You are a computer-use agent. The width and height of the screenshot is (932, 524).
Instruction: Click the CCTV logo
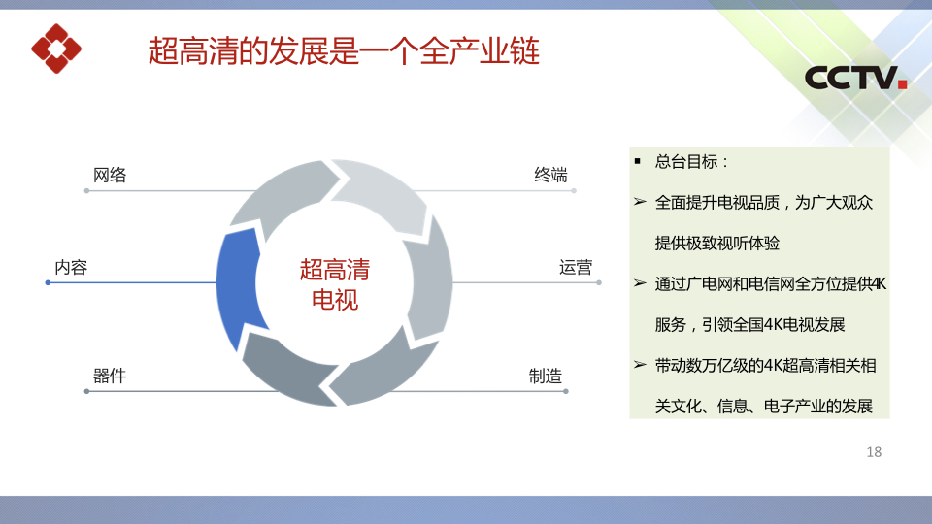855,78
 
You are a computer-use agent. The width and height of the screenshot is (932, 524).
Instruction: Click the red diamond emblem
56,49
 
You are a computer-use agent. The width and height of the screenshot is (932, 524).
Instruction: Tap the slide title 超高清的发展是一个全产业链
344,50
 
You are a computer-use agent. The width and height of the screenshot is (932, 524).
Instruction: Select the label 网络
110,176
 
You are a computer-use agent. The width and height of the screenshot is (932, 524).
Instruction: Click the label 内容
71,268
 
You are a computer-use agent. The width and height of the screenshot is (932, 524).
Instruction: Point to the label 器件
110,377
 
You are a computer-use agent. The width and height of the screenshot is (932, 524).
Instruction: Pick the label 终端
550,176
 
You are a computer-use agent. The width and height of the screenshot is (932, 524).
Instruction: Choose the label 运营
576,268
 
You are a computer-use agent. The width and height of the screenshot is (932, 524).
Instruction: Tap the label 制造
545,377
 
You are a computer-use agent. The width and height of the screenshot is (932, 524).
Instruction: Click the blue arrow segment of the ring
237,285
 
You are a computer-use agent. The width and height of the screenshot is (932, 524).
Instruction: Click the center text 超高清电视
335,284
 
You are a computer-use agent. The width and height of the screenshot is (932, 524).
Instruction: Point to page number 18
874,452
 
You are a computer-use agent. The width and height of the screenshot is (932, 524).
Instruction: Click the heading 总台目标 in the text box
691,162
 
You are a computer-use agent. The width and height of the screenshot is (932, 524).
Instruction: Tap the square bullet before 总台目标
638,161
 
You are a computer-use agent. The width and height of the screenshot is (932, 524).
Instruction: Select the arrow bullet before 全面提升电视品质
640,202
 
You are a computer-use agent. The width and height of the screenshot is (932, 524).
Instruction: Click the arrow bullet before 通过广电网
640,283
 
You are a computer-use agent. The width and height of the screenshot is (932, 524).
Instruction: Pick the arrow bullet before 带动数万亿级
640,365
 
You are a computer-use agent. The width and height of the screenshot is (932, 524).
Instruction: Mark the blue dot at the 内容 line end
49,282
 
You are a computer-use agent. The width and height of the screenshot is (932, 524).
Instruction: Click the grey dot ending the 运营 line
599,282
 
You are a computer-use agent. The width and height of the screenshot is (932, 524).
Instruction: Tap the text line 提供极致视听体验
716,243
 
